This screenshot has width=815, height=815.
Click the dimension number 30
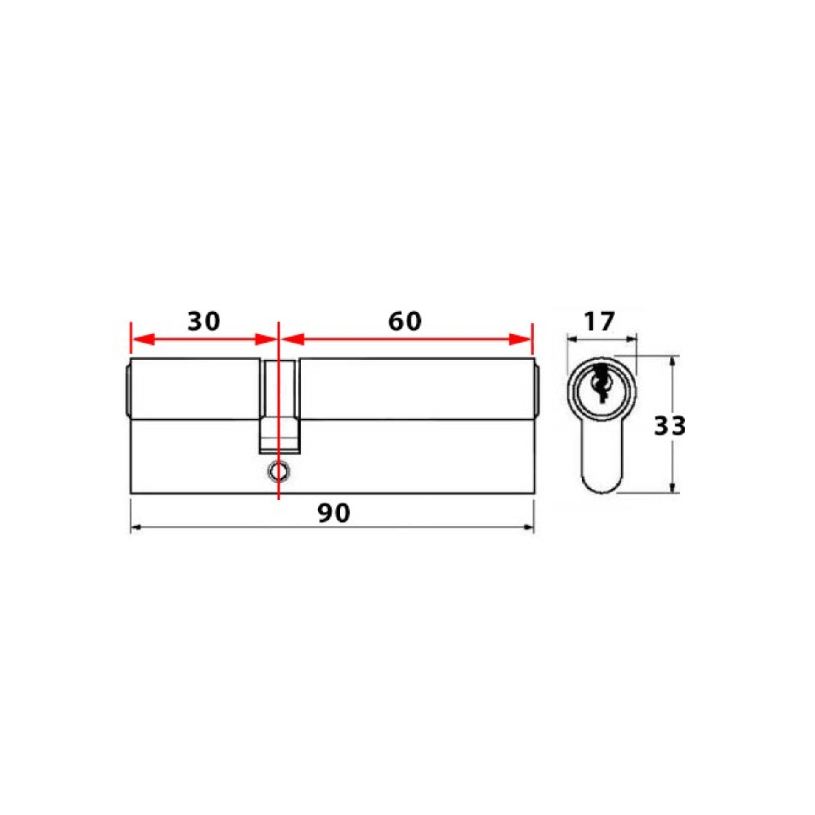pos(204,321)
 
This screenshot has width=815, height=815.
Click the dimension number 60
pos(405,321)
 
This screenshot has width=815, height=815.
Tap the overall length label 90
pos(334,513)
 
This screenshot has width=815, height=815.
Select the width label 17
pos(599,321)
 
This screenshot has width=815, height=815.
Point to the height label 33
pos(669,426)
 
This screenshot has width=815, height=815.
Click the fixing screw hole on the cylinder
pos(278,470)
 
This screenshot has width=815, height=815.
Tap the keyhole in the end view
pos(601,382)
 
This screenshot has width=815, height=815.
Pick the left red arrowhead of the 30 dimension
pos(143,339)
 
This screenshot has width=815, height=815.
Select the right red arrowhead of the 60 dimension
pos(520,339)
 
